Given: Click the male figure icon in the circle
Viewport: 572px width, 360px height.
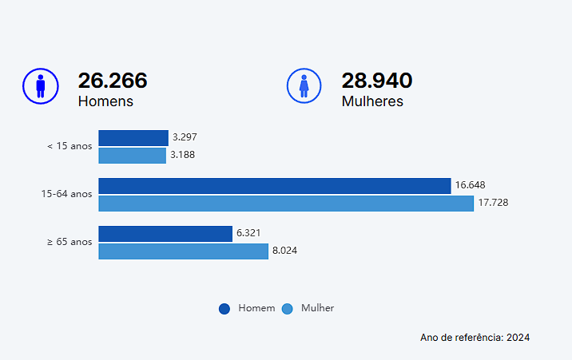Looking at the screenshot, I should [x=40, y=86].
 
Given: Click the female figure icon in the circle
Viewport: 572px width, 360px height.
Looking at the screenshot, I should [x=304, y=86].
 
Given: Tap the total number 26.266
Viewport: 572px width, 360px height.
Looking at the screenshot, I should [x=113, y=81].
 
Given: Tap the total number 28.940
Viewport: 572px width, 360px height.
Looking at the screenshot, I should [x=377, y=81].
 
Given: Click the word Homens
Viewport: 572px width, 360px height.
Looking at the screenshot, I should [x=105, y=101].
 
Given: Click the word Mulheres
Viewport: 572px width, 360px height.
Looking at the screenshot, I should [x=372, y=101].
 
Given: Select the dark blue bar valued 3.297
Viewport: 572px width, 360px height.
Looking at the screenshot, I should [x=133, y=138].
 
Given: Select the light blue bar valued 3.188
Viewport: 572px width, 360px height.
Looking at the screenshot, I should [x=132, y=155].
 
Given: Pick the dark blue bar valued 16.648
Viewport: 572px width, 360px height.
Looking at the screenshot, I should [x=275, y=186].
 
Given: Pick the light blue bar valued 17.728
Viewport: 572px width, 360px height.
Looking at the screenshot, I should [x=286, y=203].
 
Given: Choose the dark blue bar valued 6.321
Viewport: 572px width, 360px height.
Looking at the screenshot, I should [x=165, y=234].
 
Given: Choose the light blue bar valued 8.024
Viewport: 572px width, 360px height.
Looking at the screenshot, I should [x=183, y=251].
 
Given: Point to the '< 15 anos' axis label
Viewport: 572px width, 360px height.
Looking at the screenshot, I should [x=70, y=146].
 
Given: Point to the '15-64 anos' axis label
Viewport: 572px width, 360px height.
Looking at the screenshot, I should [x=67, y=194].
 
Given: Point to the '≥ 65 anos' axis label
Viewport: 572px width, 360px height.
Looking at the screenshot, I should [x=70, y=242].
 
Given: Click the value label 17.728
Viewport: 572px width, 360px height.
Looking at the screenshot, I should [x=492, y=203].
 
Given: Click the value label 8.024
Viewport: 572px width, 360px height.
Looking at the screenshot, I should [x=285, y=251].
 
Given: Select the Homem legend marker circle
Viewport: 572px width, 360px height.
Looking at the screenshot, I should [x=224, y=309].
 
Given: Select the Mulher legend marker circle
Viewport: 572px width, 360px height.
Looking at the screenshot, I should [x=288, y=309].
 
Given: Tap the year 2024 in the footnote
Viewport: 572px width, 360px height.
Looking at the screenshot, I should [x=518, y=338].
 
